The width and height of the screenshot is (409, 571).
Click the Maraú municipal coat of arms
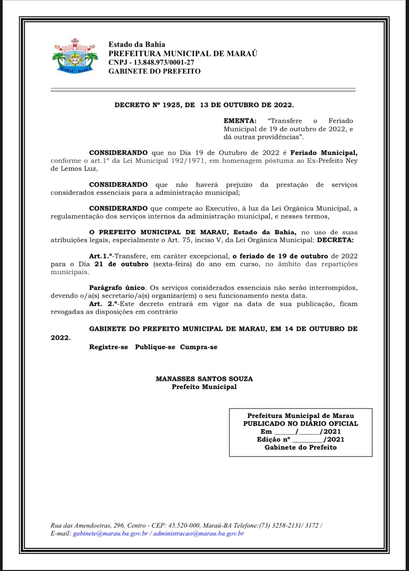coord(75,56)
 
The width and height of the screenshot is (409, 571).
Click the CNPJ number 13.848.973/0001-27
coord(164,62)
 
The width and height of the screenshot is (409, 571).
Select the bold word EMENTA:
coord(240,121)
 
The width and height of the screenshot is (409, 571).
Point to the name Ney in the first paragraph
coord(352,161)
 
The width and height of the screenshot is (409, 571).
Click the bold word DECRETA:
coord(335,240)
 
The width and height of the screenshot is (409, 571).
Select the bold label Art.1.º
coord(101,256)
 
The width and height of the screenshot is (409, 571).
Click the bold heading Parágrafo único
coord(117,288)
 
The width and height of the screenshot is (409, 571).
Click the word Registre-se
coord(108,347)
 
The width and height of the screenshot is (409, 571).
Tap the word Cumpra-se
coord(198,347)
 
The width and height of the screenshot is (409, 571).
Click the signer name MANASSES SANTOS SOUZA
coord(204,379)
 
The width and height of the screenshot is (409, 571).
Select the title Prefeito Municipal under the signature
coord(204,387)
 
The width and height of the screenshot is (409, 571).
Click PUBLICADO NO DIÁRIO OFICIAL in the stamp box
coord(301,424)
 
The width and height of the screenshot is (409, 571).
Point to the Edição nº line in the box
coord(301,439)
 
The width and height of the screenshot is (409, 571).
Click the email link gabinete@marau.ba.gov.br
coord(110,534)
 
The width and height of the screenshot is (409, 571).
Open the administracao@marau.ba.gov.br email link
coord(198,534)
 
